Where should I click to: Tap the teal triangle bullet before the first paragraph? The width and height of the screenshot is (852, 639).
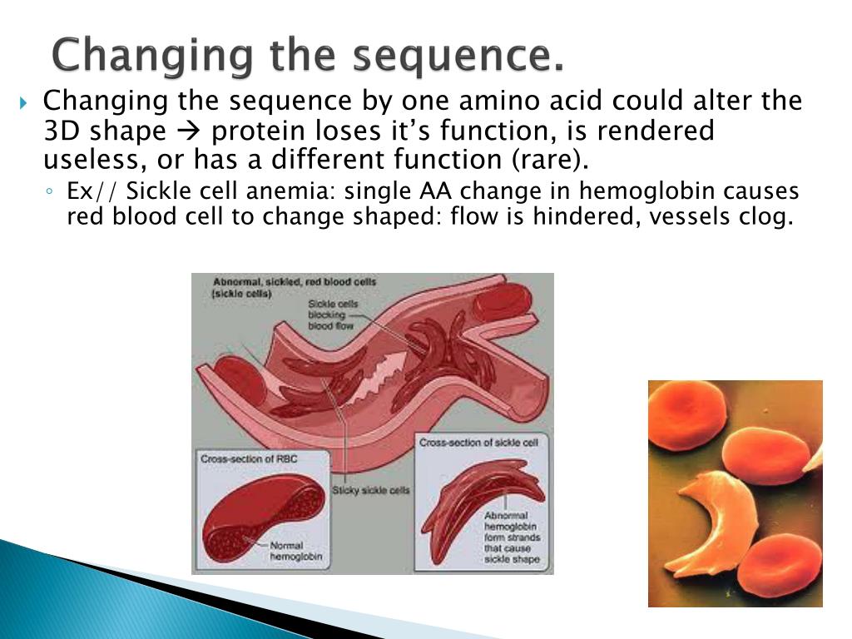(x=23, y=102)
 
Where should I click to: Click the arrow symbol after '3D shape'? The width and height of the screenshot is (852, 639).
(x=188, y=131)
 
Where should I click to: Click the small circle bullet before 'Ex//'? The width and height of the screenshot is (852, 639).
(x=49, y=191)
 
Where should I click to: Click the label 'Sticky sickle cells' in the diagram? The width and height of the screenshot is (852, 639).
(x=370, y=490)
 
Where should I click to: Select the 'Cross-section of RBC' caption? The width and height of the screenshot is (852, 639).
(x=249, y=459)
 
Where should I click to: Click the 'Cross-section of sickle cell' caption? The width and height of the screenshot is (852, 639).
(x=478, y=443)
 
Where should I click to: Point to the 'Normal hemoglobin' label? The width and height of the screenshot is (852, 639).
(x=296, y=551)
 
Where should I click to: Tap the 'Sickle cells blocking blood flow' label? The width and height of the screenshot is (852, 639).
(x=333, y=315)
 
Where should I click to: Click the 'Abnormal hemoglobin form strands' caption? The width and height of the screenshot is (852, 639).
(x=512, y=537)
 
